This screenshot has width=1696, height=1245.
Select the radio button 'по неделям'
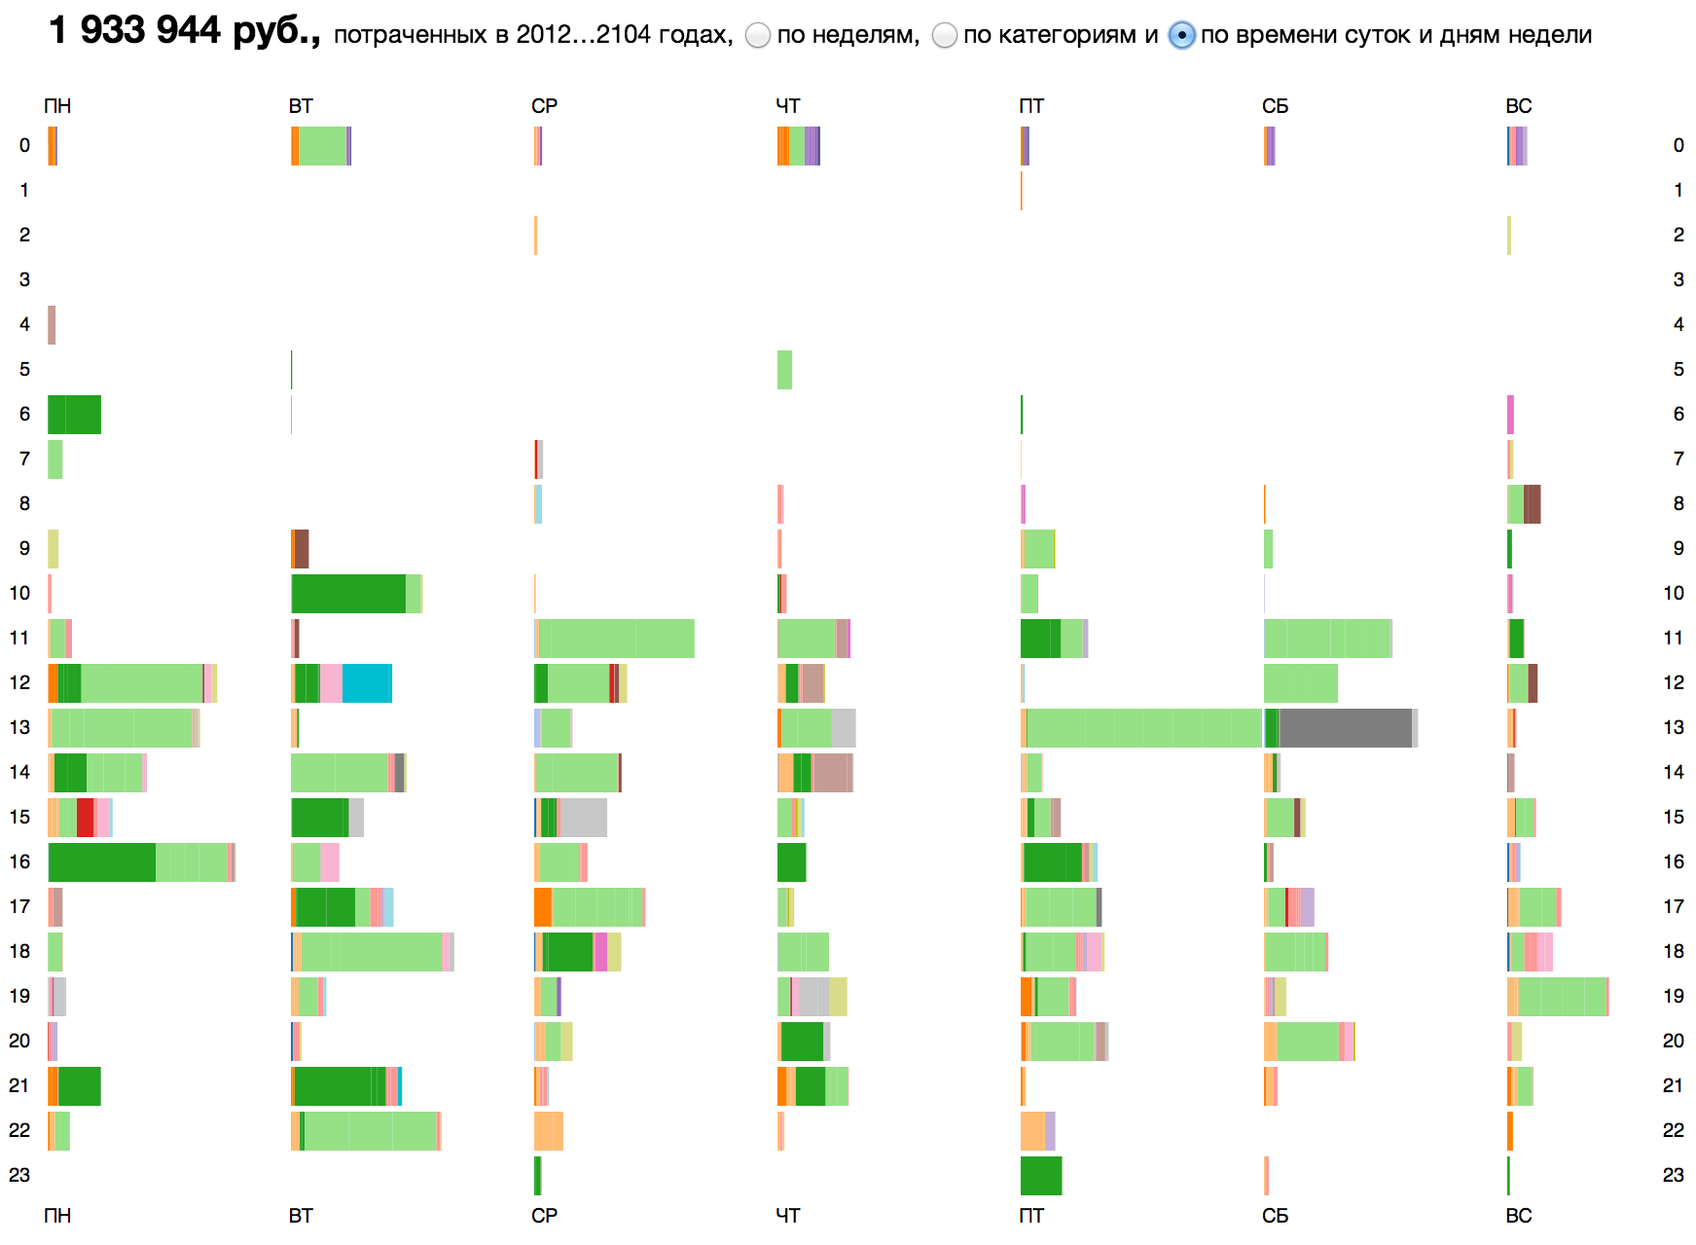[x=758, y=36]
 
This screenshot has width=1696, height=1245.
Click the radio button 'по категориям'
[x=944, y=36]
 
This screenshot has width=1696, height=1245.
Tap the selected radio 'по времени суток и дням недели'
[x=1181, y=36]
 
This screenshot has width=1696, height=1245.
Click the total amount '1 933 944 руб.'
[x=184, y=31]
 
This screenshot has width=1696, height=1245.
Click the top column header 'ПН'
[x=57, y=106]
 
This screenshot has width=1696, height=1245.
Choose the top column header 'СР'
[x=544, y=106]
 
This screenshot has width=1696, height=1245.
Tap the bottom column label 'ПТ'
[x=1031, y=1216]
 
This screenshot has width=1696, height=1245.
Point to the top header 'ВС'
[x=1518, y=106]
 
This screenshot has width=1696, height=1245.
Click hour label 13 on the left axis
[x=19, y=727]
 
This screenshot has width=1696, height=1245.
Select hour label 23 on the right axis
[x=1673, y=1175]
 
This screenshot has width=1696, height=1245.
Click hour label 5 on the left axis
[x=24, y=369]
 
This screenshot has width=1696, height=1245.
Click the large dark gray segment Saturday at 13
[x=1345, y=728]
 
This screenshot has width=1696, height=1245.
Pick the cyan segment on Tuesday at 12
[x=367, y=683]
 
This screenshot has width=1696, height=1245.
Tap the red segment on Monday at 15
[x=86, y=818]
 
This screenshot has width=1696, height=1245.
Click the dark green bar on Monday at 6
[x=74, y=415]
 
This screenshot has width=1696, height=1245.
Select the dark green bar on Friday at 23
[x=1041, y=1176]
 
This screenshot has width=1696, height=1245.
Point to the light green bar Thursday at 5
[x=784, y=370]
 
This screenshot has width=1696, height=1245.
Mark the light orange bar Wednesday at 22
[x=549, y=1131]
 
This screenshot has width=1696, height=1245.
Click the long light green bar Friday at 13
[x=1143, y=728]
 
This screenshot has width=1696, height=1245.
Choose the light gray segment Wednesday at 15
[x=583, y=818]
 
